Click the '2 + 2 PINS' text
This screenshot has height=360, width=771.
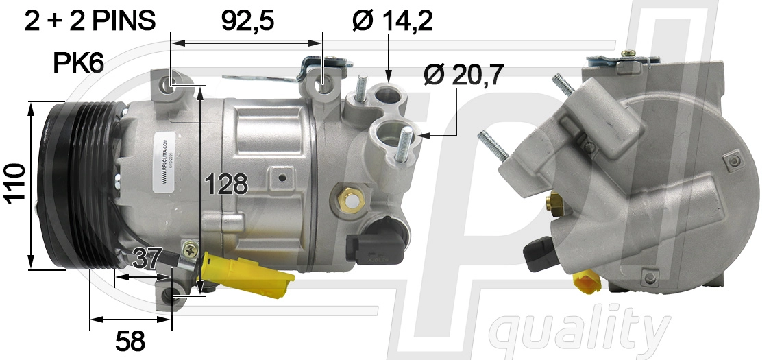(90, 22)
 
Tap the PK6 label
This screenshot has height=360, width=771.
(78, 64)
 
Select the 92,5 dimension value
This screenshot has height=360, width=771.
(247, 22)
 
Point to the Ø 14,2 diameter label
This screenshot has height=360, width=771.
(392, 22)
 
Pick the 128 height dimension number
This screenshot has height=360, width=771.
(227, 184)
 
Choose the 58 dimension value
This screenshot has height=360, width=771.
(131, 339)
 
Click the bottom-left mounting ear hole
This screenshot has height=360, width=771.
(172, 298)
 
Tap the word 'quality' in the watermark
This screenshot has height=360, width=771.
(583, 332)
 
